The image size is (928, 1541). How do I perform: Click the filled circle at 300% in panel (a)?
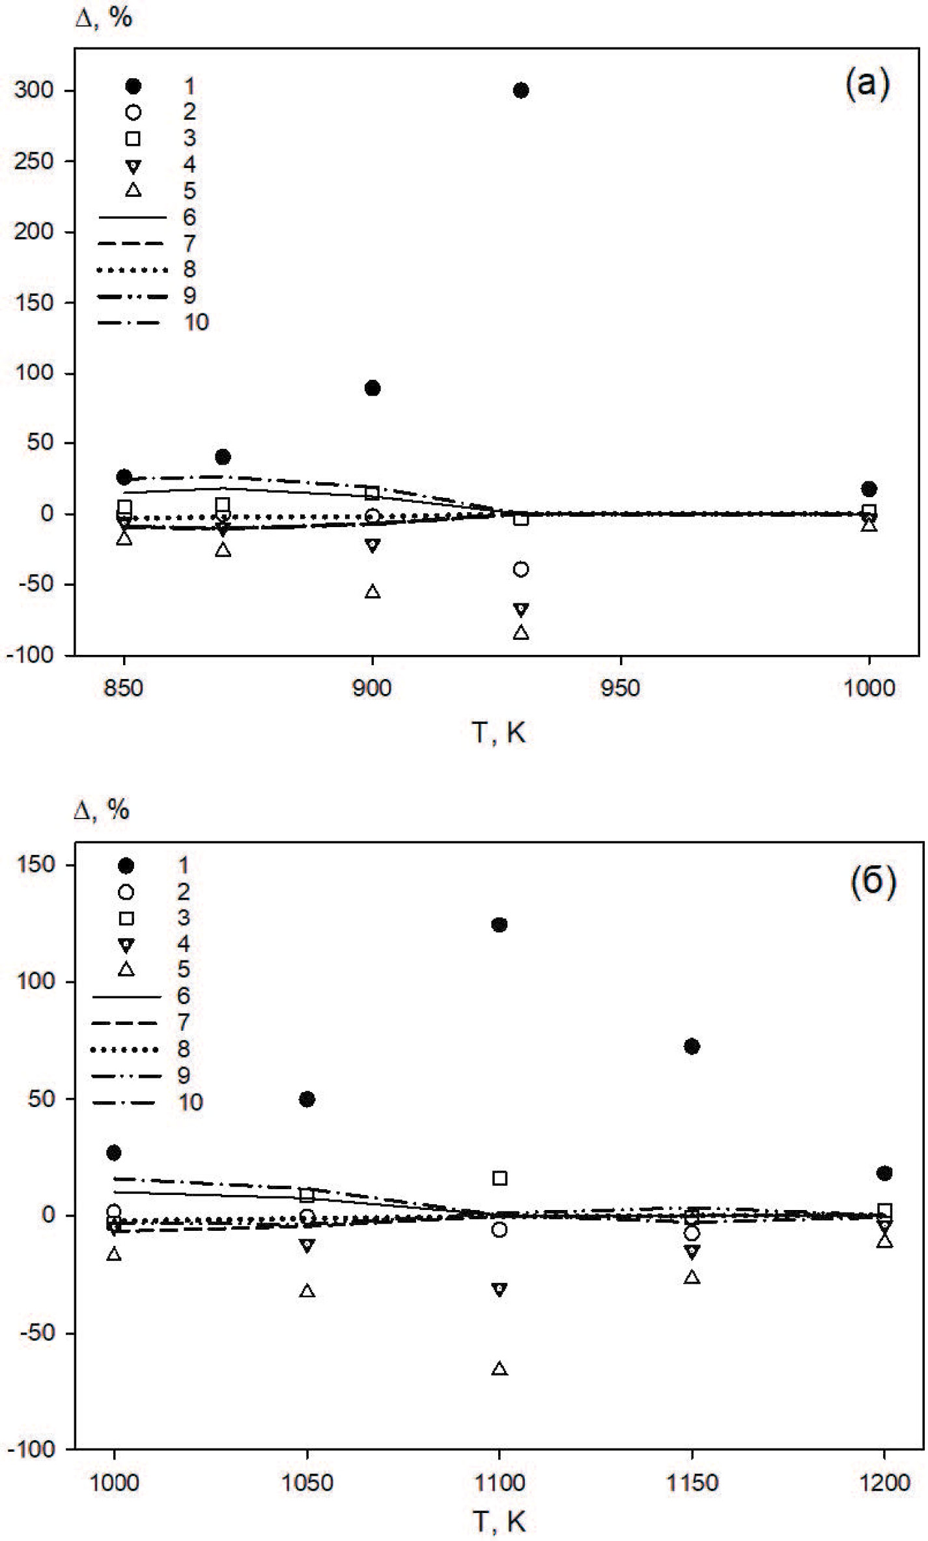pos(520,91)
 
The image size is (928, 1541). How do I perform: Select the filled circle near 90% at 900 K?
pos(373,388)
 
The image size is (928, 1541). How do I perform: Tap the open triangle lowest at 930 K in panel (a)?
pos(521,632)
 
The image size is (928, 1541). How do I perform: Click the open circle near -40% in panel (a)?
pos(520,569)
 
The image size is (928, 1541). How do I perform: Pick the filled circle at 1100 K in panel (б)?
pos(499,925)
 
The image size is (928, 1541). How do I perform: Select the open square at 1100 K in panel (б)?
pos(499,1178)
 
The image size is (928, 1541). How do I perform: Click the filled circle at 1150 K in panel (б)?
pos(692,1046)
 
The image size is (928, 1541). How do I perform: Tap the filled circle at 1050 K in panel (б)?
pos(307,1099)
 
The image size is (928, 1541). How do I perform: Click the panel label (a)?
pos(867,85)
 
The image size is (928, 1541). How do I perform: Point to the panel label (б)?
pos(873,882)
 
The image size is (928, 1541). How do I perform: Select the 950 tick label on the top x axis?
pos(620,688)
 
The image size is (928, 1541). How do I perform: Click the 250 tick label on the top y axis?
pos(34,161)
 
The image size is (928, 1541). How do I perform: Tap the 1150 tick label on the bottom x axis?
pos(692,1482)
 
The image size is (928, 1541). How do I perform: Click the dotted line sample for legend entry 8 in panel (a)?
pos(132,270)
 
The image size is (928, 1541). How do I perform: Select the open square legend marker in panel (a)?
pos(134,138)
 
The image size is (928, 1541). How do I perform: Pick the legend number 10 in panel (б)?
pos(190,1102)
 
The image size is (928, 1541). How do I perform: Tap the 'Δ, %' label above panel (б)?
pos(102,810)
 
